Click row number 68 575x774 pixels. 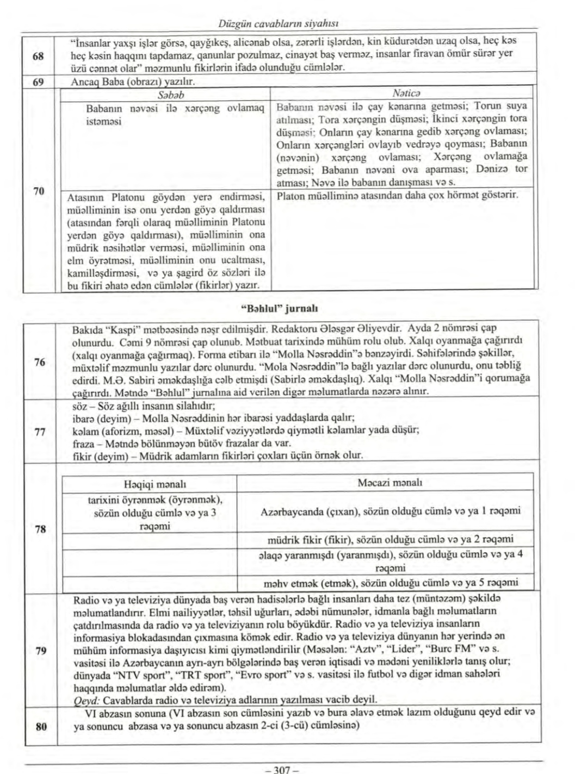39,56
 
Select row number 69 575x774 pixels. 39,82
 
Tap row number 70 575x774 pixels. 39,191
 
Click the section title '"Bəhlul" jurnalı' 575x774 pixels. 279,308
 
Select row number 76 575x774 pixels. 40,362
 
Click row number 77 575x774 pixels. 39,432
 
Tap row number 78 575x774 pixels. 40,528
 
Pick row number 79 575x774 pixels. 40,651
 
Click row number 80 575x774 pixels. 40,726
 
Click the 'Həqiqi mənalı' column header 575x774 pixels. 155,484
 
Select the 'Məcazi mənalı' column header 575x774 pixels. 390,483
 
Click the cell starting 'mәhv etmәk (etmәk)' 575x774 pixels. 390,583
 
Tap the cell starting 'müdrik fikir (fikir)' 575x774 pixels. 390,540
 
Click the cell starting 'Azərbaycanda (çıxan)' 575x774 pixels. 390,511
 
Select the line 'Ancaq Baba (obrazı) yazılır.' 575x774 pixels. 133,82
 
